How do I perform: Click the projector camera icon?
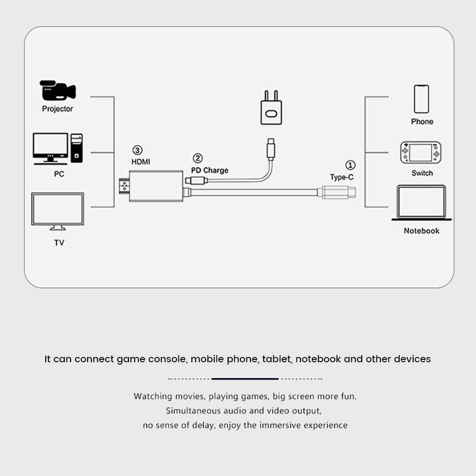point(58,90)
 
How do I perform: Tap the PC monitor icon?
point(50,149)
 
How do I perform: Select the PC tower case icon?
point(77,148)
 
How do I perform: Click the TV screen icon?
point(58,211)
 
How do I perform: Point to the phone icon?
point(421,99)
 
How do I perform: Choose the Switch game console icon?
point(421,152)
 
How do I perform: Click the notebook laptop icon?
point(421,203)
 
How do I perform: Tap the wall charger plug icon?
point(271,108)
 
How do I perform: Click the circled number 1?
point(350,165)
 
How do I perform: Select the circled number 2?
point(198,158)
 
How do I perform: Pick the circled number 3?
point(138,150)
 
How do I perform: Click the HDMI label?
point(140,162)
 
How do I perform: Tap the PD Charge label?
point(209,170)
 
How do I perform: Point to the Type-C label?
point(342,177)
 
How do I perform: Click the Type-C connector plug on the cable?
point(337,192)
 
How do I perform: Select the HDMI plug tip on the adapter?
point(124,186)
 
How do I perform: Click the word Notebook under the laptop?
point(421,231)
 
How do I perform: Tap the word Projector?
point(58,109)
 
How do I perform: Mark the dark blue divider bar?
point(245,379)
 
